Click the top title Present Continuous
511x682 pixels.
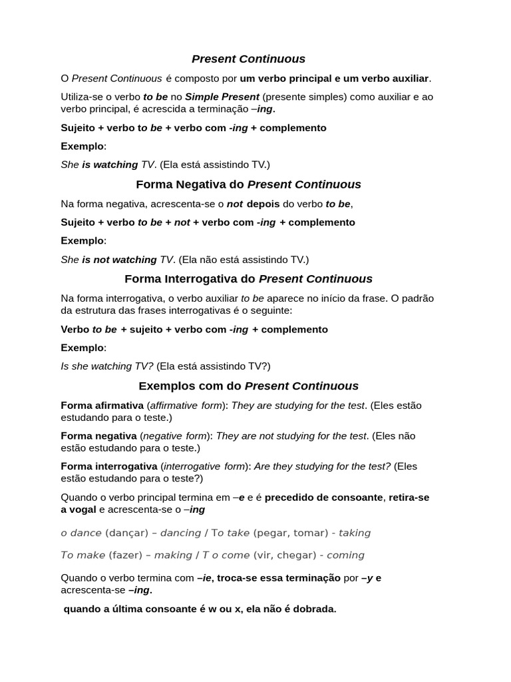(249, 59)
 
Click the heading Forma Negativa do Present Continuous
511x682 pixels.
(248, 184)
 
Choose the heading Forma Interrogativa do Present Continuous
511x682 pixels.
(248, 278)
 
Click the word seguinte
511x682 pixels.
(269, 310)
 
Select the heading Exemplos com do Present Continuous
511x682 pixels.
(248, 386)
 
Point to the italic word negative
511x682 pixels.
(166, 436)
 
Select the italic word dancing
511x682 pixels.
(180, 533)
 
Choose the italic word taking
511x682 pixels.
(355, 533)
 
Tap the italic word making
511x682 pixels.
(173, 555)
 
